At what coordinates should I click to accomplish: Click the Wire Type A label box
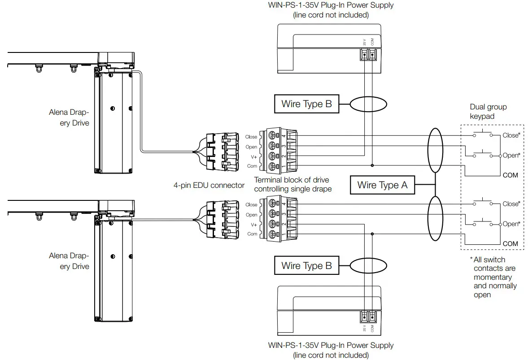(x=382, y=185)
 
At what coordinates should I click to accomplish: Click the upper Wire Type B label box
(x=306, y=104)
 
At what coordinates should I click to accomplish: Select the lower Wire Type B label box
(x=306, y=265)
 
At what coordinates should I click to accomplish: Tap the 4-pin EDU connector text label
(x=209, y=185)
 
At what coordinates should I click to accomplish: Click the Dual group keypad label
(x=488, y=112)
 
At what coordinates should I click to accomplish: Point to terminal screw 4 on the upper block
(x=272, y=135)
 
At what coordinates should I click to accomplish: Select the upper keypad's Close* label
(x=511, y=135)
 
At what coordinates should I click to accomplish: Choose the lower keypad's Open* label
(x=511, y=224)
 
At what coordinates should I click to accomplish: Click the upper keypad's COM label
(x=510, y=175)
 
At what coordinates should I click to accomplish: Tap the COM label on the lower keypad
(x=510, y=244)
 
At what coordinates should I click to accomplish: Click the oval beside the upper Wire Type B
(x=368, y=104)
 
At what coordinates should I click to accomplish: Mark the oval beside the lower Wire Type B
(x=368, y=265)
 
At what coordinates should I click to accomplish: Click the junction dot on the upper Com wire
(x=372, y=165)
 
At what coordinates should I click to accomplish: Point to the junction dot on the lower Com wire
(x=372, y=234)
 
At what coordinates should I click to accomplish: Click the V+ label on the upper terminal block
(x=254, y=156)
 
